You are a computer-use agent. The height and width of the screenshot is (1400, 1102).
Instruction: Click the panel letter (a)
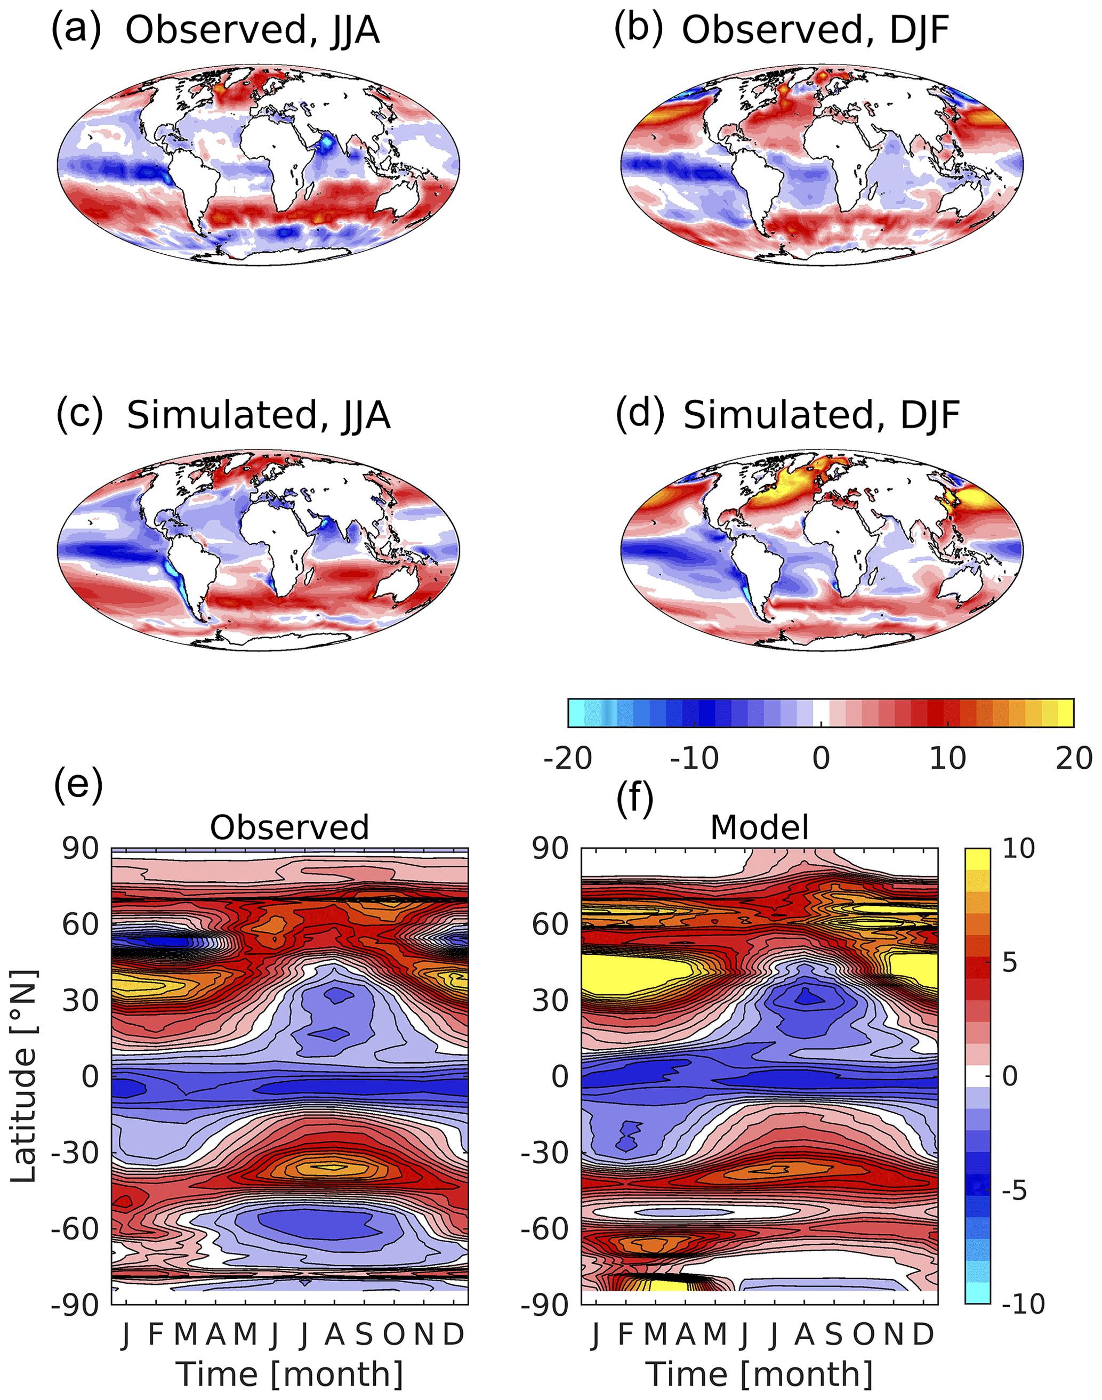76,30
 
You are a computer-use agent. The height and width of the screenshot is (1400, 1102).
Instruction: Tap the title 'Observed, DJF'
816,30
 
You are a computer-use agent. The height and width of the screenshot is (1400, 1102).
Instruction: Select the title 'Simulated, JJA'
259,415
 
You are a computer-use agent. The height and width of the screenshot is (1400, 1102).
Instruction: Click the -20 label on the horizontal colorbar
568,758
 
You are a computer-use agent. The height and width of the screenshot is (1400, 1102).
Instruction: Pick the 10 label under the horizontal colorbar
947,758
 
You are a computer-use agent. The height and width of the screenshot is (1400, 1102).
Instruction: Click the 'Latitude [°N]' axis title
24,1076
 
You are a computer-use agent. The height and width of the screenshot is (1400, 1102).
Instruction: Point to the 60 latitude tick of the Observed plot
81,924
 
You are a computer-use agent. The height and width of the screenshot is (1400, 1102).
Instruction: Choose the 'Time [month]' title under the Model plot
759,1374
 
